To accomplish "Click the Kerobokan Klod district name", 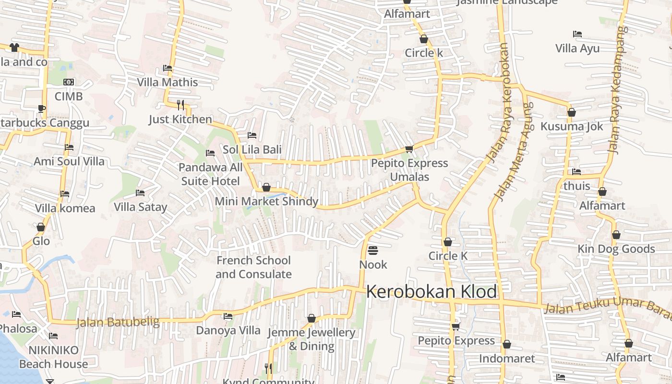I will pyautogui.click(x=432, y=292).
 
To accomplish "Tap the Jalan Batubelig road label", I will pyautogui.click(x=118, y=322).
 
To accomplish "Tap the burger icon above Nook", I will pyautogui.click(x=373, y=251).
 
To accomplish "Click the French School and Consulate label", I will pyautogui.click(x=253, y=267).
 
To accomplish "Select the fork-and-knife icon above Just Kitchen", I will pyautogui.click(x=180, y=105).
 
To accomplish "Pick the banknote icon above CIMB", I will pyautogui.click(x=69, y=82).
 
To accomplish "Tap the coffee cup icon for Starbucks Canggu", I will pyautogui.click(x=42, y=108).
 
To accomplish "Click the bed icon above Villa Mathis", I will pyautogui.click(x=168, y=68).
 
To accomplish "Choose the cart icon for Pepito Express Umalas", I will pyautogui.click(x=409, y=149).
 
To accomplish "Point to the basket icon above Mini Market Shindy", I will pyautogui.click(x=266, y=187).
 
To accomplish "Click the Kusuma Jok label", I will pyautogui.click(x=572, y=126).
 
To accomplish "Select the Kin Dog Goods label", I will pyautogui.click(x=616, y=249).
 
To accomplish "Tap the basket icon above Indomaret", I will pyautogui.click(x=507, y=345).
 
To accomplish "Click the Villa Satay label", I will pyautogui.click(x=140, y=207).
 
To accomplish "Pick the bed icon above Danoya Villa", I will pyautogui.click(x=228, y=316).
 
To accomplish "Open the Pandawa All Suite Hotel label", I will pyautogui.click(x=211, y=174).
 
